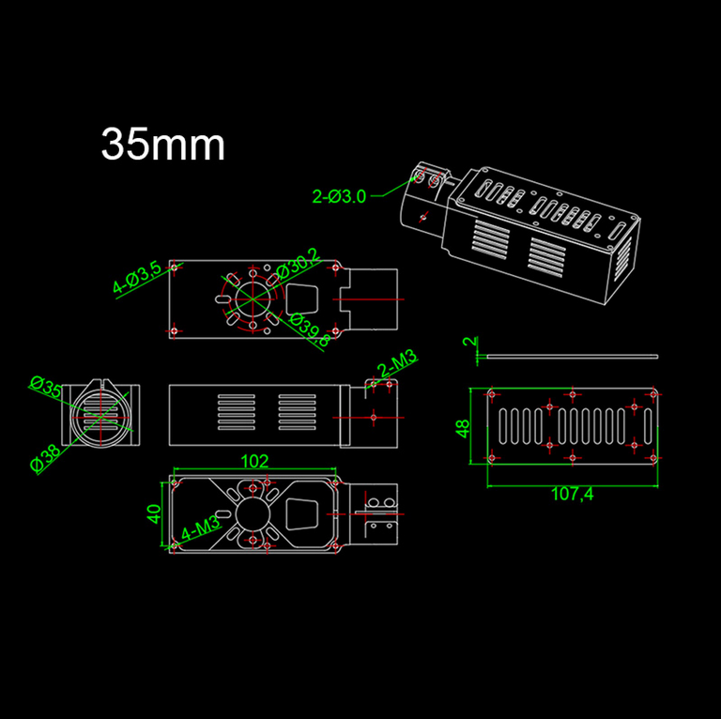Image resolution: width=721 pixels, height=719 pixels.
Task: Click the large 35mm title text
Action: click(x=162, y=144)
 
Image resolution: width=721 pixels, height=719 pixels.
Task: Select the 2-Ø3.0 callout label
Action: click(x=339, y=197)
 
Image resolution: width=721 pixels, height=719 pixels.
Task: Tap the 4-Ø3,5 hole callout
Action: click(x=137, y=277)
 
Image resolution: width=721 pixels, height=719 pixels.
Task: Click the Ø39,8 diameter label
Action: click(x=310, y=329)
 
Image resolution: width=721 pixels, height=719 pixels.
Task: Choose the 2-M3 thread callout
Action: click(x=396, y=363)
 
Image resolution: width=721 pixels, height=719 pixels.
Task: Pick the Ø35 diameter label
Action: click(x=45, y=387)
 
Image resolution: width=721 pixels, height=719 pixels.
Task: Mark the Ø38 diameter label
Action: click(x=45, y=458)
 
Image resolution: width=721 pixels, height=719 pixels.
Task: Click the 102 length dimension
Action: click(x=254, y=461)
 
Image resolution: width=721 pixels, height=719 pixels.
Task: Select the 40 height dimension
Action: click(x=154, y=513)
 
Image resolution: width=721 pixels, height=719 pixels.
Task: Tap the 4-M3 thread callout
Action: click(x=201, y=528)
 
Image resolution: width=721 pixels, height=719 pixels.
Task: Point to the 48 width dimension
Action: click(x=463, y=428)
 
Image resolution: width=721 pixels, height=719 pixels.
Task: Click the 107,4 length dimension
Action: click(x=572, y=495)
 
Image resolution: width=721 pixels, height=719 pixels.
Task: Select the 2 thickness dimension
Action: click(x=469, y=341)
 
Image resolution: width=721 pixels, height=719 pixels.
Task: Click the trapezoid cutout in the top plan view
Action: click(x=302, y=299)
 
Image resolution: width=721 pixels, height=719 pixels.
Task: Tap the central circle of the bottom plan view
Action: click(x=253, y=514)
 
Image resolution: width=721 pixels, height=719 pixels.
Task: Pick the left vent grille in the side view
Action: click(x=237, y=412)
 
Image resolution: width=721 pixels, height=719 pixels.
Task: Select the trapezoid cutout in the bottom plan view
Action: click(x=302, y=514)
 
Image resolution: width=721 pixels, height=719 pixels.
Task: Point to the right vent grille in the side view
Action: click(x=297, y=412)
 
